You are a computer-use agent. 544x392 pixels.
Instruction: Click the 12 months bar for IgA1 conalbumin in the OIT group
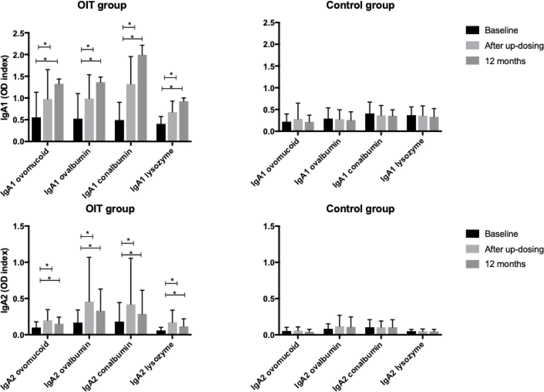(142, 98)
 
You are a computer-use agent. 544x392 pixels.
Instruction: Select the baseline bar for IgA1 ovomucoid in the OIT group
(36, 129)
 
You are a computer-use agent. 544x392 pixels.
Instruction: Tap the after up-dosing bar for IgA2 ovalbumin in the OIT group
(89, 318)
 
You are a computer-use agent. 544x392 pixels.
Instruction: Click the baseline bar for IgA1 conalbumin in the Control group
(370, 122)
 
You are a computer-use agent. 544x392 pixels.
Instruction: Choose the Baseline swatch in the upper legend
(472, 30)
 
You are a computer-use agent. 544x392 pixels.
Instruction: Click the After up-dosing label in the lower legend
(514, 249)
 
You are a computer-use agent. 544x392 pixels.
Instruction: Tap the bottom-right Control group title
(360, 209)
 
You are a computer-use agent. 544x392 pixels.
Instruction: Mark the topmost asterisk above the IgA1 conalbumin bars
(130, 24)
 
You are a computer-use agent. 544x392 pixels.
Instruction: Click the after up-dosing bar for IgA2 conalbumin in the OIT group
(131, 320)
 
